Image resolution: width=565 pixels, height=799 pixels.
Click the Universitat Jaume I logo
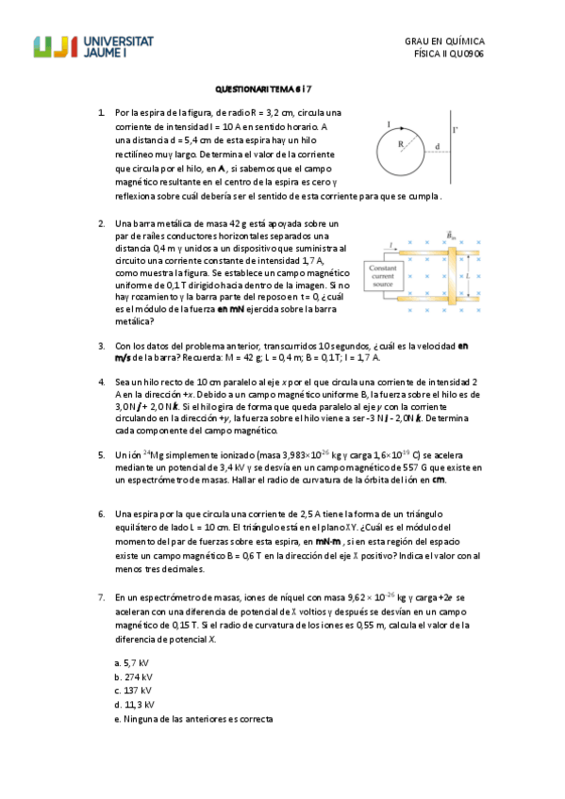[93, 48]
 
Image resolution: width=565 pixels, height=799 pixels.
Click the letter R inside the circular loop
[399, 144]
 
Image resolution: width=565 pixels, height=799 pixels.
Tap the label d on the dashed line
[438, 146]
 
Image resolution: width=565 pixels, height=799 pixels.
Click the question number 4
[101, 382]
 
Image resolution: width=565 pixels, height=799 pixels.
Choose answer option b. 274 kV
[133, 677]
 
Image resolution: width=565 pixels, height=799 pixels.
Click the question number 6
[101, 514]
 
